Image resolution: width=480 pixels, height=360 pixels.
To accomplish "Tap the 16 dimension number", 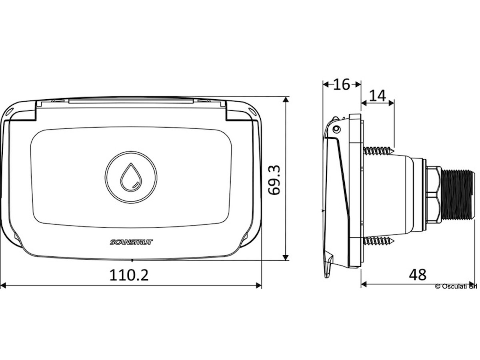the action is (342, 84).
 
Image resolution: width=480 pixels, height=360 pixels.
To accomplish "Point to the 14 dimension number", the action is (378, 96).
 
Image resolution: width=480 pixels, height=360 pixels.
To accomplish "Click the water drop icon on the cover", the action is (131, 177).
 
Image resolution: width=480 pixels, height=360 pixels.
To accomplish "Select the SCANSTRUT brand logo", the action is (131, 242).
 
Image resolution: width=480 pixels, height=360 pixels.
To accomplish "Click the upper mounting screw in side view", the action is (379, 150).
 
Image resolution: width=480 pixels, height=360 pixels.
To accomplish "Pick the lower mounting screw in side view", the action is (379, 241).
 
